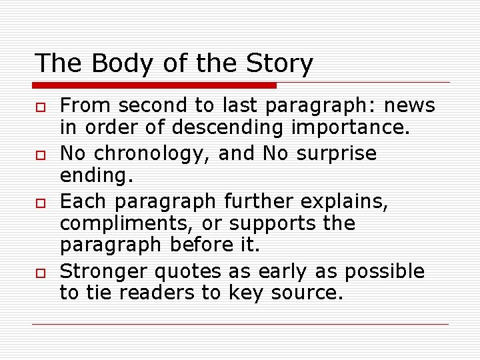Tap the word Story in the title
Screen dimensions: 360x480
pyautogui.click(x=280, y=63)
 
